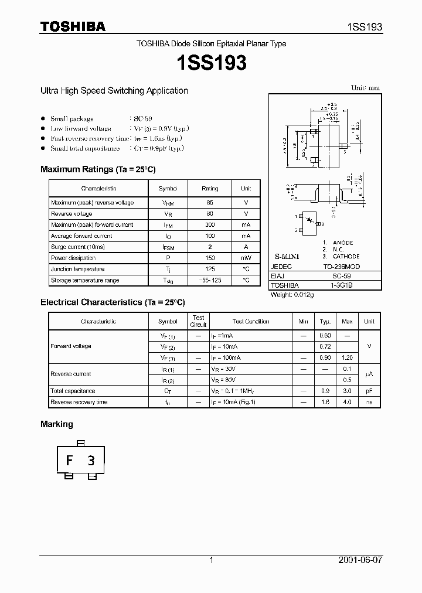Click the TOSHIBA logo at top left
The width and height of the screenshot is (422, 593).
(x=73, y=26)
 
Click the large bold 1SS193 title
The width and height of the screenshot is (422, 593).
(x=211, y=63)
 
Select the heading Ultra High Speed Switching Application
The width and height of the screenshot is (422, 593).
(x=114, y=91)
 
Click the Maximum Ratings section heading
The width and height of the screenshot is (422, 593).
(x=98, y=169)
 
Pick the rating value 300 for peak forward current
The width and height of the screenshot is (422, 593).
(x=210, y=225)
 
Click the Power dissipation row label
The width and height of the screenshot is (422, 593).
(x=73, y=258)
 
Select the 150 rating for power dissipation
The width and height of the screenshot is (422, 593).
(x=210, y=258)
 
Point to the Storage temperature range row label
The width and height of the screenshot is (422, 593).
(x=85, y=280)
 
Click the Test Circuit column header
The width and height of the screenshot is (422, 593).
(x=198, y=321)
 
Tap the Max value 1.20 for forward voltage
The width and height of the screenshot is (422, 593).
(x=347, y=357)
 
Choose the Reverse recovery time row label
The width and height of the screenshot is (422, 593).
(x=79, y=402)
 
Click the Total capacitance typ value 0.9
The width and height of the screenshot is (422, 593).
(x=325, y=391)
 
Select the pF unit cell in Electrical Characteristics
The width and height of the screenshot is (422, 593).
(x=369, y=391)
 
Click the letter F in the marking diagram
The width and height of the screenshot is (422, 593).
(x=69, y=461)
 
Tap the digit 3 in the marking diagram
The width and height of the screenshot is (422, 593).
(x=91, y=461)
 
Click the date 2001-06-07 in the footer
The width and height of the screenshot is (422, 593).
(x=360, y=560)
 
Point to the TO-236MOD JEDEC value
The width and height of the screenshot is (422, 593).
(x=342, y=265)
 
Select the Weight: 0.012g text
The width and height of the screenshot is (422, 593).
(x=292, y=295)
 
